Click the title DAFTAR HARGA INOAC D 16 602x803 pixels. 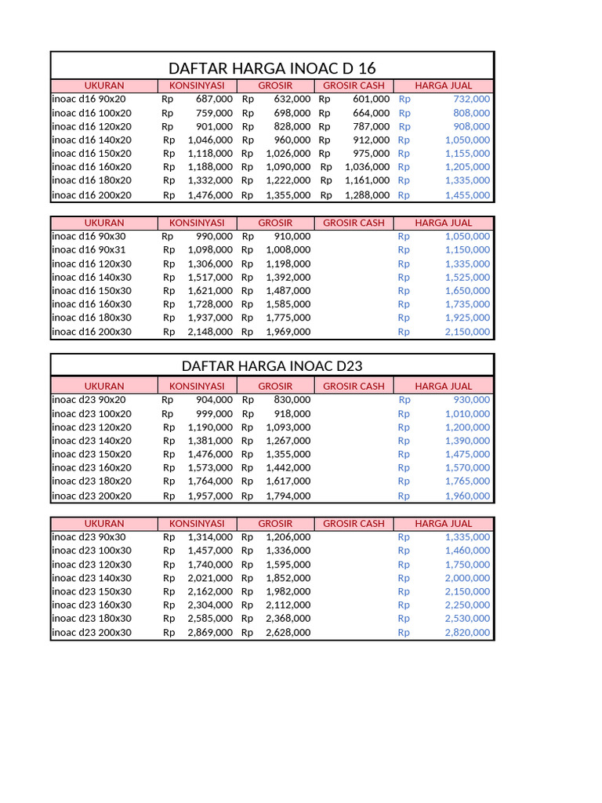click(273, 68)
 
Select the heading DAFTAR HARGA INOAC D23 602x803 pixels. click(272, 366)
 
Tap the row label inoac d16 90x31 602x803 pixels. click(91, 249)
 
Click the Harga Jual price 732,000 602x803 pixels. click(472, 100)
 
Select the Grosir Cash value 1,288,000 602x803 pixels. click(366, 195)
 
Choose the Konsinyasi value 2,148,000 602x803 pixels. click(210, 332)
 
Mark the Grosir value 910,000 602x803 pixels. click(292, 236)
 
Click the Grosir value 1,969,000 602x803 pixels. click(288, 332)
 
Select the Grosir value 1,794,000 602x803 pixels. click(288, 496)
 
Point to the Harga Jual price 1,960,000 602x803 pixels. click(467, 496)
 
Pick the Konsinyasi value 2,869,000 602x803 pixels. click(210, 633)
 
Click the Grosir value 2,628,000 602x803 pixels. click(288, 633)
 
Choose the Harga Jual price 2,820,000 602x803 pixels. click(467, 633)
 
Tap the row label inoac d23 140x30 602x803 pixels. click(92, 578)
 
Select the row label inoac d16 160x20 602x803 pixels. click(92, 166)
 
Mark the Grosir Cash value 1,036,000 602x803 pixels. click(366, 166)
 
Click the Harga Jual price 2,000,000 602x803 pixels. click(467, 578)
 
